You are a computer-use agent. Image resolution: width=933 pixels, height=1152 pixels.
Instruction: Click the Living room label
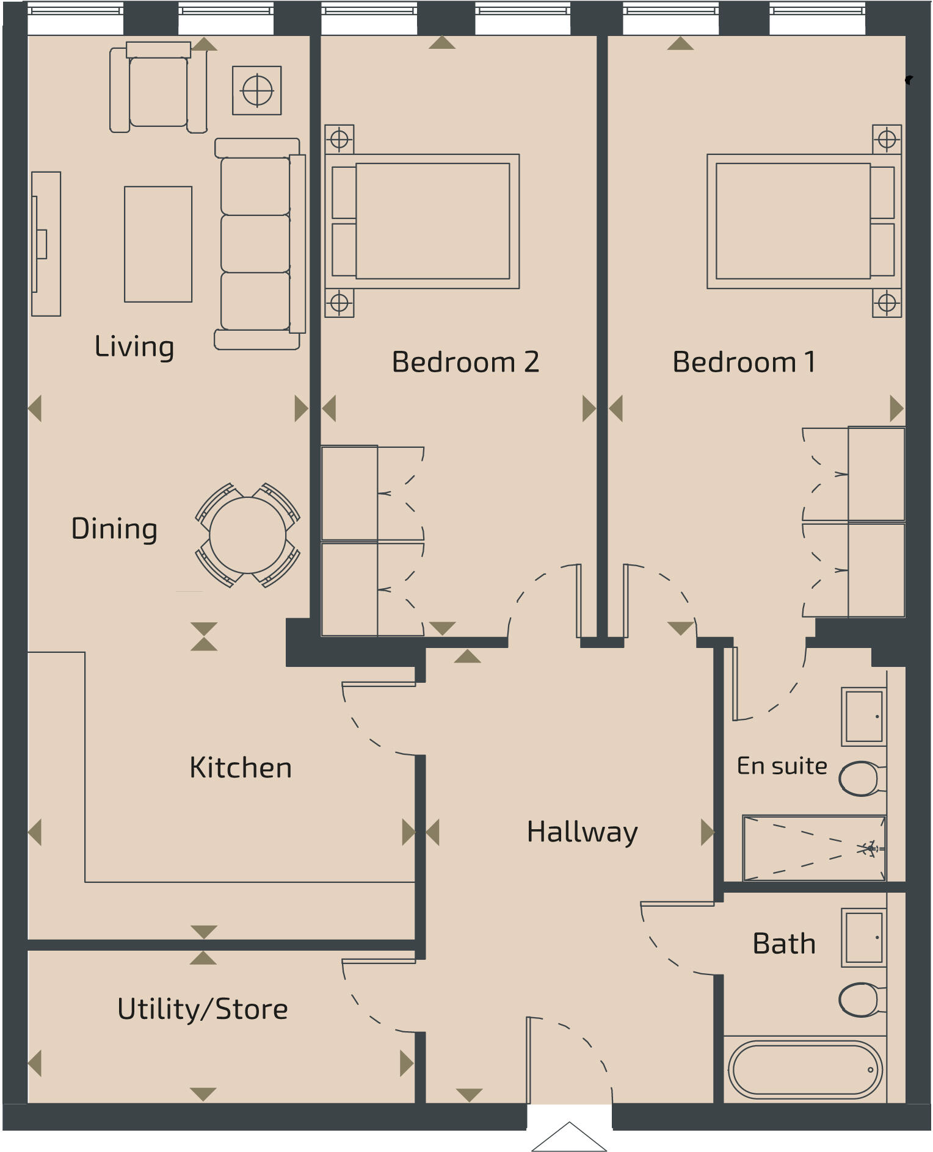coord(134,347)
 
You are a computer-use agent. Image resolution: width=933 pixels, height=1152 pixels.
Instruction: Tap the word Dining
coord(114,528)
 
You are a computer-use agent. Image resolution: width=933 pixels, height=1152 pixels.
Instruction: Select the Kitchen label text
coord(241,768)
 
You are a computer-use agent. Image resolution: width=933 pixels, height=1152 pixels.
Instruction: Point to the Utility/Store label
coord(202,1009)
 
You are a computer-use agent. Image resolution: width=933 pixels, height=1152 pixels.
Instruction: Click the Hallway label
coord(582,832)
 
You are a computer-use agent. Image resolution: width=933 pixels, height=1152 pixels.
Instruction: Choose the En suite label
coord(782,766)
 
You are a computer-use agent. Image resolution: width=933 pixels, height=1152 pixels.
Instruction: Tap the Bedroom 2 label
coord(465,362)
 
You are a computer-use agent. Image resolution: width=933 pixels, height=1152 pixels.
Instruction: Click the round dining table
coord(247,535)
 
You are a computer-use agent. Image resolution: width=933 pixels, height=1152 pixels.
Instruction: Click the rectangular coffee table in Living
coord(158,244)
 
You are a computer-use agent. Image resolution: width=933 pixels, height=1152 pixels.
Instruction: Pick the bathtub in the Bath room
coord(805,1069)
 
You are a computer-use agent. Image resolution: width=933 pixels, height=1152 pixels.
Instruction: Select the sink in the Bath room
coord(864,937)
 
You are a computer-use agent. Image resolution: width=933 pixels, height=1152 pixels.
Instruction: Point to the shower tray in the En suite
coord(814,848)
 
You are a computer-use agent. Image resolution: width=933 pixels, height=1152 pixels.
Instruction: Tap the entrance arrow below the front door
coord(569,1139)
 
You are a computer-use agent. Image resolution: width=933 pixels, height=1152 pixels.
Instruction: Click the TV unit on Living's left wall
coord(46,244)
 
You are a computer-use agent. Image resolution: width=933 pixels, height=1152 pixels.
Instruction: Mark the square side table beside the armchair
coord(257,91)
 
